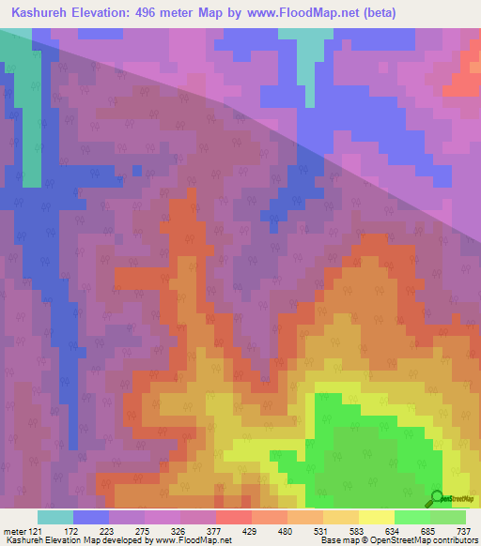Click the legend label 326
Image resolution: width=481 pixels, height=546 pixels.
[178, 532]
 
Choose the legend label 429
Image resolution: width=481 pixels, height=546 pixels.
[250, 532]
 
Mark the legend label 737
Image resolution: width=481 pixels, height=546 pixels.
[463, 532]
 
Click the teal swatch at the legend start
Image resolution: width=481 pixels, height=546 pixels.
[54, 517]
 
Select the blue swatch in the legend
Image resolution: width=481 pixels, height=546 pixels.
[90, 517]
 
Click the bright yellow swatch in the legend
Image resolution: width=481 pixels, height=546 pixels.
[376, 517]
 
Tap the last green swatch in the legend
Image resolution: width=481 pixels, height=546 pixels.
[447, 517]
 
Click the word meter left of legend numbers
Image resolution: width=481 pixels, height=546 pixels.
[13, 532]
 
